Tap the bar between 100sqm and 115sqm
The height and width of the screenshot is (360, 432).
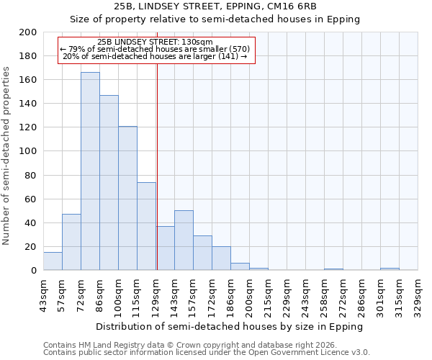[127, 198]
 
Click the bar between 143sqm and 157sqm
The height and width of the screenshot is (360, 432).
[184, 240]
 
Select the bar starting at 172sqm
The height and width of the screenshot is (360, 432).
[221, 258]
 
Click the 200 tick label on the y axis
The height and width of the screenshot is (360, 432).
[28, 32]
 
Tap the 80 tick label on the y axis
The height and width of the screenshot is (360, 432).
[31, 175]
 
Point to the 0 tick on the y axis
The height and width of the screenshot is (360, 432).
[34, 271]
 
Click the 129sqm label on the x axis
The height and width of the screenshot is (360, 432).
[156, 294]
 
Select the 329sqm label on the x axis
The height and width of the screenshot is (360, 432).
[418, 294]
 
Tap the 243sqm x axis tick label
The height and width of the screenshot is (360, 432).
[306, 294]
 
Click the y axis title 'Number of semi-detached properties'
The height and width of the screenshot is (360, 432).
[7, 156]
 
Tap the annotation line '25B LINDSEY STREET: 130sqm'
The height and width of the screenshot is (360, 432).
[155, 42]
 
